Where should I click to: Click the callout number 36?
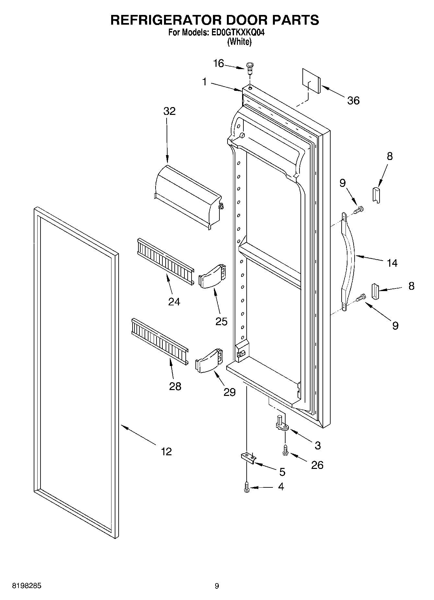click(x=353, y=101)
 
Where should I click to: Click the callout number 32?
click(x=169, y=111)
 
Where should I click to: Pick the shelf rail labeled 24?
click(x=165, y=261)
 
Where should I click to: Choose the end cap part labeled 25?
click(x=212, y=276)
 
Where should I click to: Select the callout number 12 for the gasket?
click(x=166, y=451)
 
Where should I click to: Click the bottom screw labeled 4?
click(x=247, y=487)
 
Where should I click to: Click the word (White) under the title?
click(x=239, y=42)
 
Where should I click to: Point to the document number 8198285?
click(x=27, y=586)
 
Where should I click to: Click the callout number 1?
click(x=204, y=82)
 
